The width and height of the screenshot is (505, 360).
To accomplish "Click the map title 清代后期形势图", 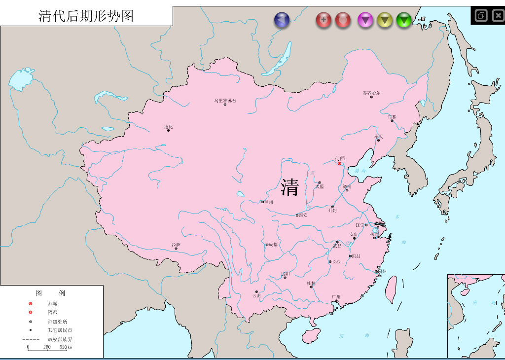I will tap(86, 16).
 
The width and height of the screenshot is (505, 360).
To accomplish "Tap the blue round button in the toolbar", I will tap(282, 20).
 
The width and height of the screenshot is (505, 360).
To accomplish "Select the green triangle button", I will tap(404, 20).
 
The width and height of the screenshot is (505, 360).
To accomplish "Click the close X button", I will tap(498, 16).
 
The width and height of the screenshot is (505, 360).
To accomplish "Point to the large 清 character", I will tap(290, 187).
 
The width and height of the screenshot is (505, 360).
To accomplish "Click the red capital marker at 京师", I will tap(339, 164).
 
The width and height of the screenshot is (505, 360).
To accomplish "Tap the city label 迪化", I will tap(169, 127).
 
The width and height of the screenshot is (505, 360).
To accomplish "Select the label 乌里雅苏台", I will tap(225, 101).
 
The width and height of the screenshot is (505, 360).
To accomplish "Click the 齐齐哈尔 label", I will tap(371, 93).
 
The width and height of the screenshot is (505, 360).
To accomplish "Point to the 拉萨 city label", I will tap(176, 245).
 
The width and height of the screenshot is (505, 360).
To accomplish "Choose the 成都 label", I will tap(273, 244).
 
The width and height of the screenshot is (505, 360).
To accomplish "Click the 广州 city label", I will tap(336, 297).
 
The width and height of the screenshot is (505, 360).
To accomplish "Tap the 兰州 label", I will tap(268, 202).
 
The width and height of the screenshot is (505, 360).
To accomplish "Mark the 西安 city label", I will tap(302, 215).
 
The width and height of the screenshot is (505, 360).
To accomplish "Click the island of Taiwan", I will tap(391, 289).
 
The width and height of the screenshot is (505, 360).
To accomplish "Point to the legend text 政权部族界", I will tap(60, 339).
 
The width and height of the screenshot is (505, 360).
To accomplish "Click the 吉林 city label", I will tap(392, 117).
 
